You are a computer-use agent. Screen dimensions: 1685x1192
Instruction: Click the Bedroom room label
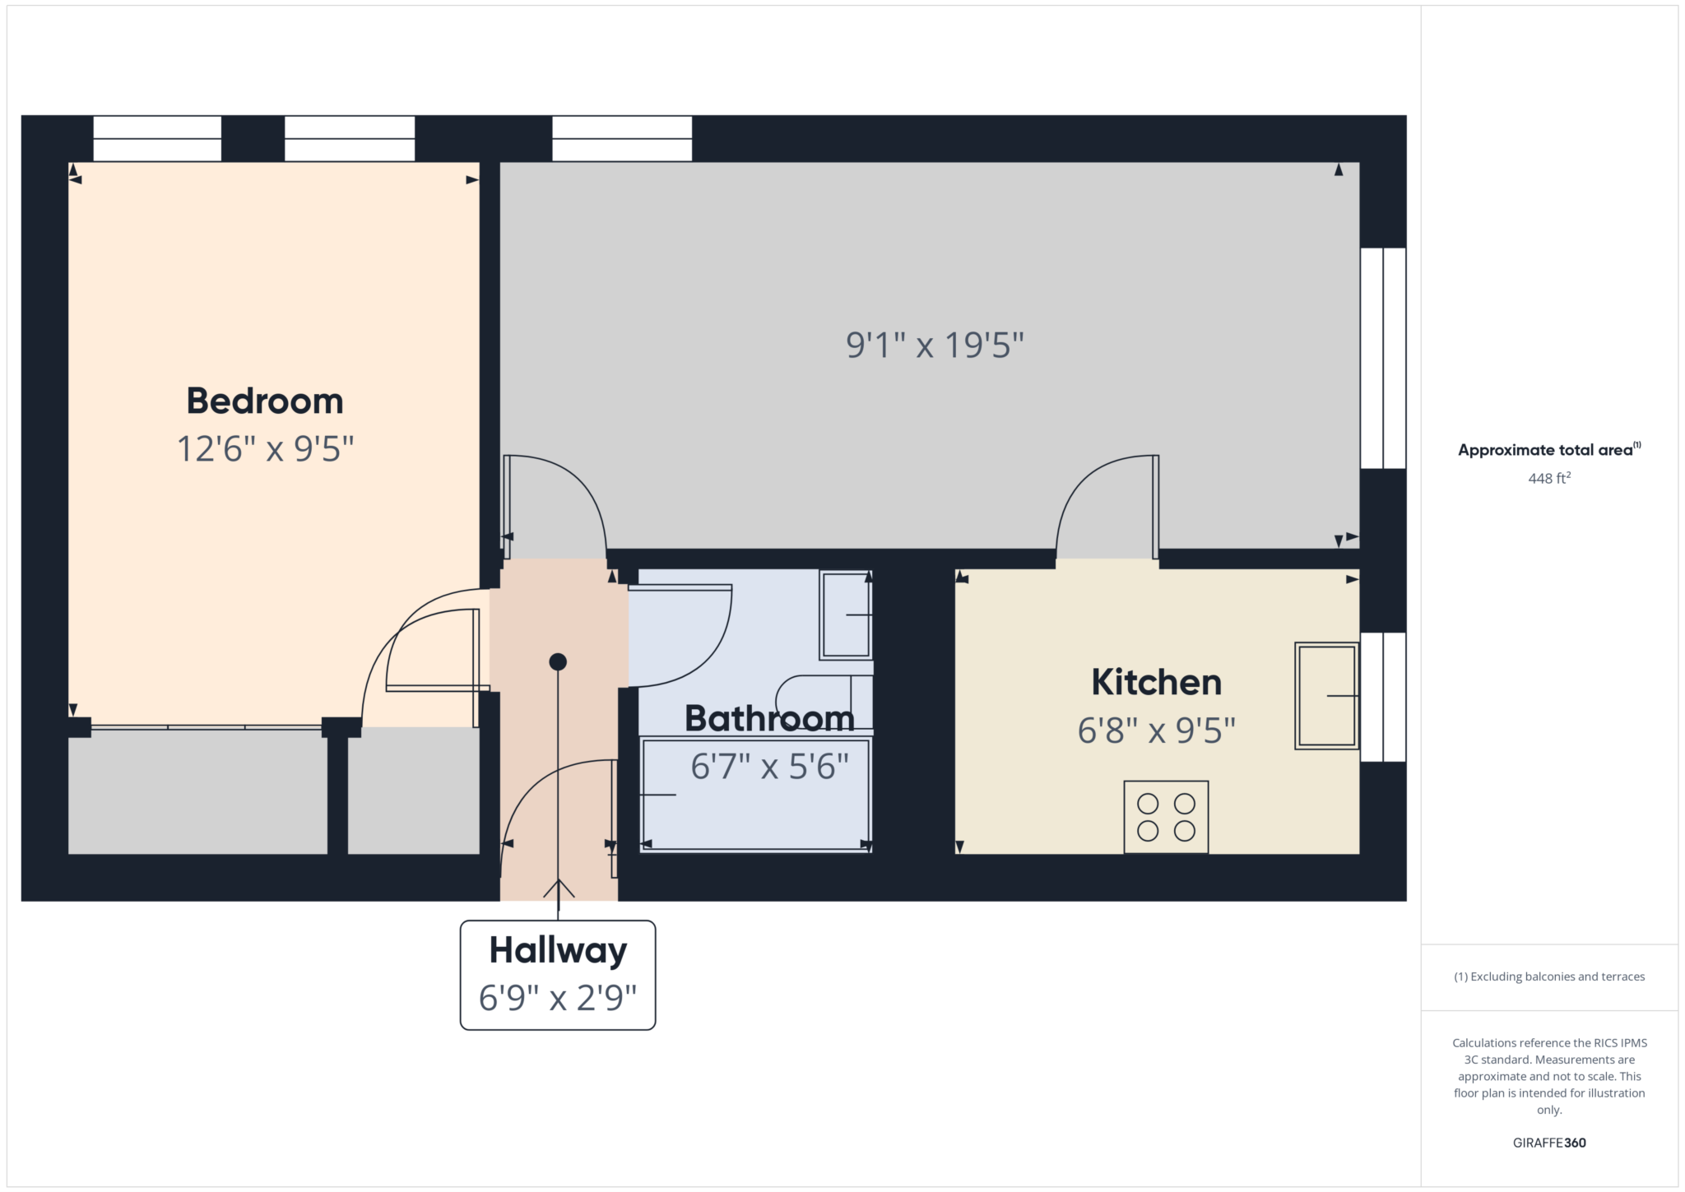[265, 401]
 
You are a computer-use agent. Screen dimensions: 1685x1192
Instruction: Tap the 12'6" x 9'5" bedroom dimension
[266, 449]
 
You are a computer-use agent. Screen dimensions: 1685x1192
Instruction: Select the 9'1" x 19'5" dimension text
[935, 345]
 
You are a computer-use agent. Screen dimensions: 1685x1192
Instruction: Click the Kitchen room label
[1156, 682]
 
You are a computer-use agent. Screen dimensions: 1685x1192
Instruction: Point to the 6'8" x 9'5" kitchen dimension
[1157, 731]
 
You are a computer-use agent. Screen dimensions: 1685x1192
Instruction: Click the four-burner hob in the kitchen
[1166, 817]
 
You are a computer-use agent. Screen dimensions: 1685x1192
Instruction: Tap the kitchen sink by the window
[1326, 696]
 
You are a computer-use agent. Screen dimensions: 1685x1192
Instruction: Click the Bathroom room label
[770, 718]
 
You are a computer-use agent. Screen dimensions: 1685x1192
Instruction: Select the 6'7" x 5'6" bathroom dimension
[769, 767]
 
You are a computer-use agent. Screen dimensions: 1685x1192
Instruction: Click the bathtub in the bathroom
[755, 795]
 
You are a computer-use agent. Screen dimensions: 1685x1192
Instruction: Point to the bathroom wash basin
[846, 615]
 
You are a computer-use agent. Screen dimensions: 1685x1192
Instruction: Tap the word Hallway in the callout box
[558, 950]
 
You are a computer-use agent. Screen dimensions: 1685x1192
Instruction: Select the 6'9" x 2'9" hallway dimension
[558, 998]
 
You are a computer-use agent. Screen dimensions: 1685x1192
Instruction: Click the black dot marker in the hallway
[558, 661]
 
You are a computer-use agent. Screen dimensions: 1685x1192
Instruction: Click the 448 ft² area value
[1549, 478]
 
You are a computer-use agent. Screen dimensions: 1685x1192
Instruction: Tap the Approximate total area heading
[1549, 450]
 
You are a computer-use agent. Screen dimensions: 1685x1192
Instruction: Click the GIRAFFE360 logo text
[1549, 1143]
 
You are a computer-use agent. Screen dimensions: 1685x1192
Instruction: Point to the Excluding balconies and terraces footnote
[1549, 976]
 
